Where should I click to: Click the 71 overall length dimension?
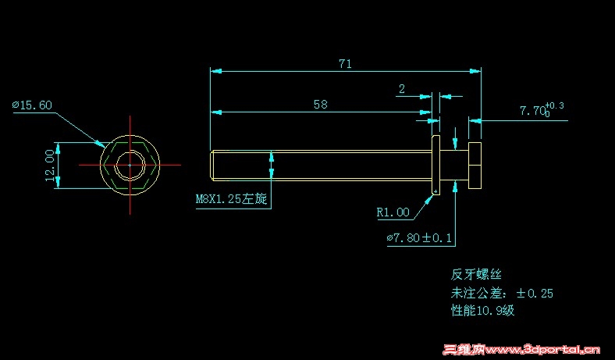[344, 64]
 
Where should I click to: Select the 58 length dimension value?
[320, 104]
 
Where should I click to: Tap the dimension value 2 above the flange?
[401, 89]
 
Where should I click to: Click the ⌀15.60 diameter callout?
[32, 105]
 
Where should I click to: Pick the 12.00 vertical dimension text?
[50, 166]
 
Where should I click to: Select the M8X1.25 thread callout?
[231, 199]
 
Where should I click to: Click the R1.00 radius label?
[393, 212]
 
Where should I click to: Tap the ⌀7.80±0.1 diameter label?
[419, 237]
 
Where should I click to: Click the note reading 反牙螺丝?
[476, 274]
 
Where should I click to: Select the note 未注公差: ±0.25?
[502, 293]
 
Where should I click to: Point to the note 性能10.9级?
[482, 311]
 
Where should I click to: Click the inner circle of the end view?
[130, 166]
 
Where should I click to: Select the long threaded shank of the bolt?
[320, 165]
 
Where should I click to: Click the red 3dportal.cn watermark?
[521, 350]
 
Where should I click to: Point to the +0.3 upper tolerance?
[555, 105]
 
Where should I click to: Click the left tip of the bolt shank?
[213, 165]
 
